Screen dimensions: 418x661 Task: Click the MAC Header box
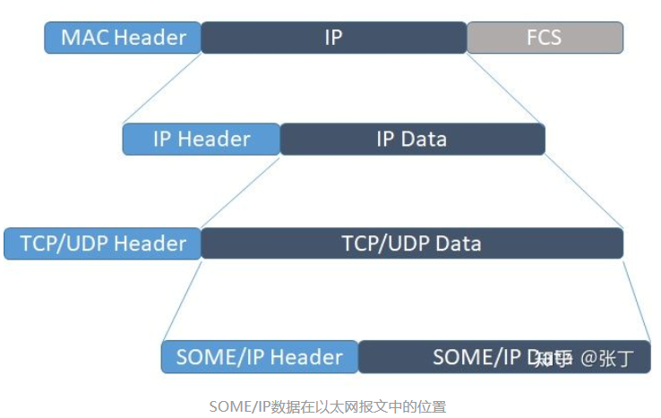pos(123,38)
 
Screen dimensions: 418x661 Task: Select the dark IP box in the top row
pos(333,38)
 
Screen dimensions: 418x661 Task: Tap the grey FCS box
pos(545,38)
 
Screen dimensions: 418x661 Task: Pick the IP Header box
pos(201,139)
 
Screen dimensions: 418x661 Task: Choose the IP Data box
pos(412,139)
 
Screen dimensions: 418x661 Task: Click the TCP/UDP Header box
pos(102,243)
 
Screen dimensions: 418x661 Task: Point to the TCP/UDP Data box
pos(411,243)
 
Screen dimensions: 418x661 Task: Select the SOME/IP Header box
pos(260,357)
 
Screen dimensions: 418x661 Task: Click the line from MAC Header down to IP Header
pos(161,89)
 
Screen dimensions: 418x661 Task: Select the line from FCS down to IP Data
pos(506,89)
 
